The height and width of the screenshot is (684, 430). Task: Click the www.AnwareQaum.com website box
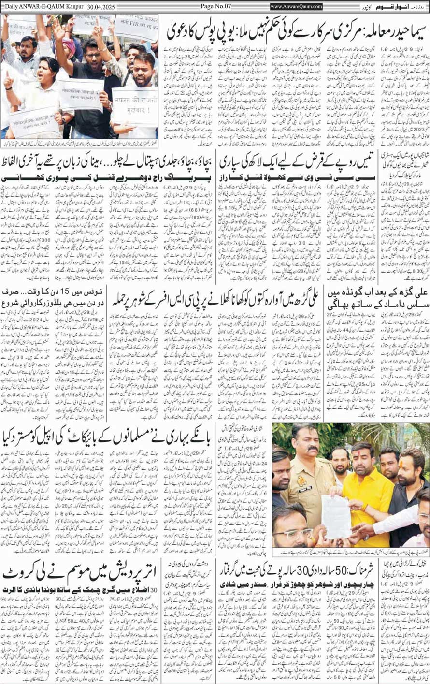coord(296,6)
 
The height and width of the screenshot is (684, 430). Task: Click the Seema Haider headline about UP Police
coord(295,30)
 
